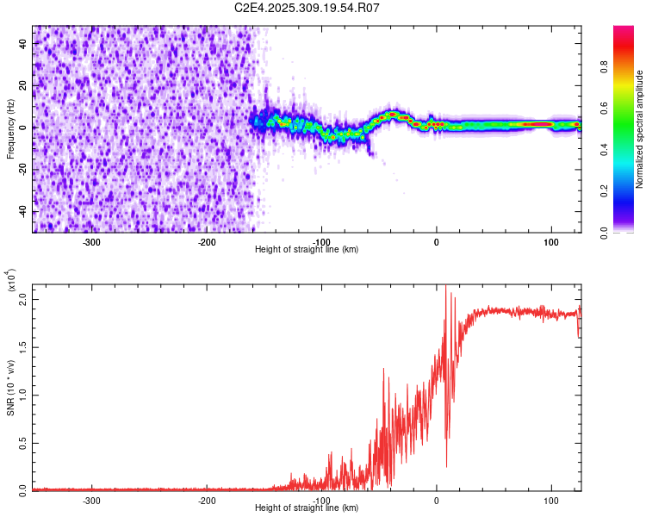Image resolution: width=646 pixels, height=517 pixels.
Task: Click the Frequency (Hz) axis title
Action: pos(10,129)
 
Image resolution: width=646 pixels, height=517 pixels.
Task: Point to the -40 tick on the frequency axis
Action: pos(23,211)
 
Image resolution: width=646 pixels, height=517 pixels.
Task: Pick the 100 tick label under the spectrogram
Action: pos(550,242)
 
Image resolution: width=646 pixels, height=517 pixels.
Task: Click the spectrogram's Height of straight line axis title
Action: pos(307,250)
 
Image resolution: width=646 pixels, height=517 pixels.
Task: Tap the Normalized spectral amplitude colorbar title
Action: pos(640,129)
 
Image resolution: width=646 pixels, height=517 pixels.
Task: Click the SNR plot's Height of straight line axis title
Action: pos(307,508)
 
